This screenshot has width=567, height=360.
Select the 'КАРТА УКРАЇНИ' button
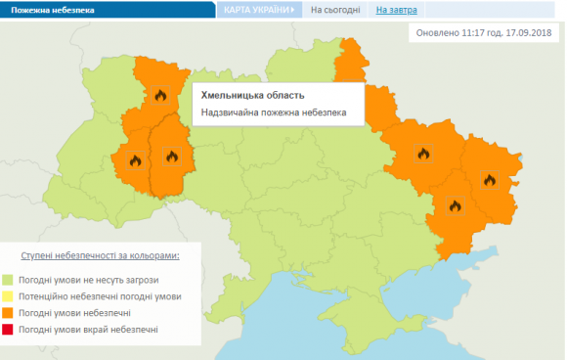[x=258, y=9]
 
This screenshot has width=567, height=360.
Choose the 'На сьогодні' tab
[x=332, y=10]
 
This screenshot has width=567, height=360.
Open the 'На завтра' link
[x=396, y=10]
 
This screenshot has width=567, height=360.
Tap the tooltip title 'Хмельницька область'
[x=252, y=95]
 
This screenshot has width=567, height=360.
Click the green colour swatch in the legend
[x=8, y=279]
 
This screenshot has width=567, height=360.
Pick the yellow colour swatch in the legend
[x=8, y=295]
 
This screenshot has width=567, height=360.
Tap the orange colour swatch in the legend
[x=8, y=312]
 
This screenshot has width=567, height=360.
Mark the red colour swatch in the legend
[x=8, y=330]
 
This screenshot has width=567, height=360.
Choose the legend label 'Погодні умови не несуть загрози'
[x=88, y=279]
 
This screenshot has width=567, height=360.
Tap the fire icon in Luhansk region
[x=490, y=178]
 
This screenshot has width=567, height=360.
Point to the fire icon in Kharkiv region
[x=422, y=154]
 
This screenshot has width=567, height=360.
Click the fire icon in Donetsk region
[x=454, y=205]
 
